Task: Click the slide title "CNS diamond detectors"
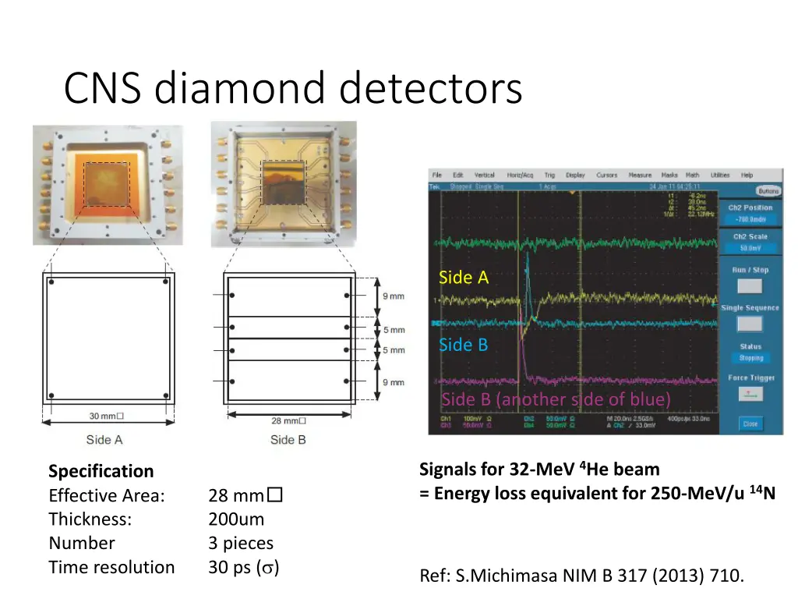click(292, 88)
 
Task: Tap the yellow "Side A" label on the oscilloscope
click(464, 278)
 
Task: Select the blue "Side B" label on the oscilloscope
click(463, 345)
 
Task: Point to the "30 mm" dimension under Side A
click(106, 416)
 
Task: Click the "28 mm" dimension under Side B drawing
click(288, 420)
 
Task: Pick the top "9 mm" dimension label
click(394, 296)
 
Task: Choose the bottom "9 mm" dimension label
click(394, 382)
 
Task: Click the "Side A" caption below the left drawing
click(104, 440)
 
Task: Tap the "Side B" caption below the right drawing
click(288, 440)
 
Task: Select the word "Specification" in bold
click(101, 471)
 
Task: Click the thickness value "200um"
click(236, 519)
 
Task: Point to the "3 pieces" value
click(241, 544)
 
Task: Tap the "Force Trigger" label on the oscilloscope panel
click(751, 378)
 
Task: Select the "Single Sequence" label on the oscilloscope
click(750, 308)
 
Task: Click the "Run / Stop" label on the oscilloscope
click(750, 270)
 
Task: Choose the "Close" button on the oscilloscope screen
click(750, 424)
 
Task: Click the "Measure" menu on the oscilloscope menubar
click(640, 175)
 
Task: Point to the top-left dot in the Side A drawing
click(51, 281)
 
